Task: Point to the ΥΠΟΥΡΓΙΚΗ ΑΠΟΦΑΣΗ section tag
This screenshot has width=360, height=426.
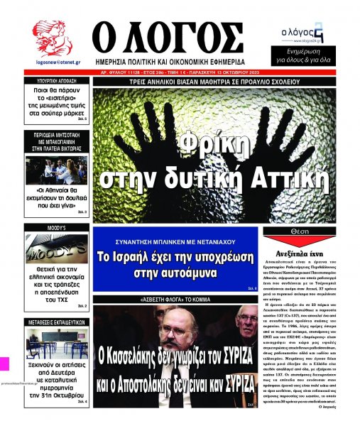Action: (56, 82)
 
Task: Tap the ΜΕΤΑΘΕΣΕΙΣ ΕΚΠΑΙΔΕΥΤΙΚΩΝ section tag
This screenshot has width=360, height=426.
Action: (56, 302)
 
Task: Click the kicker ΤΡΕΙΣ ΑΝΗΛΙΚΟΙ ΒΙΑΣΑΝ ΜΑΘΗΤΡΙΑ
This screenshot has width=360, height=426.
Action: (224, 82)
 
